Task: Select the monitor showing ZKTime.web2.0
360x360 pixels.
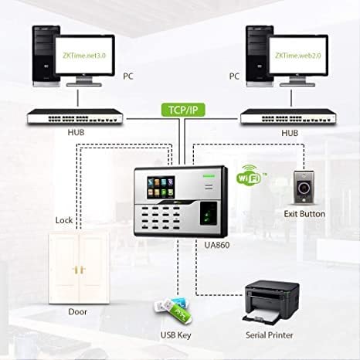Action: tap(302, 57)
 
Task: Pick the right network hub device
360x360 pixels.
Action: tap(288, 117)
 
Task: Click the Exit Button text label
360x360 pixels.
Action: tap(304, 213)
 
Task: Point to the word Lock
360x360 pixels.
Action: tap(64, 220)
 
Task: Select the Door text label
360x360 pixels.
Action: tap(77, 311)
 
